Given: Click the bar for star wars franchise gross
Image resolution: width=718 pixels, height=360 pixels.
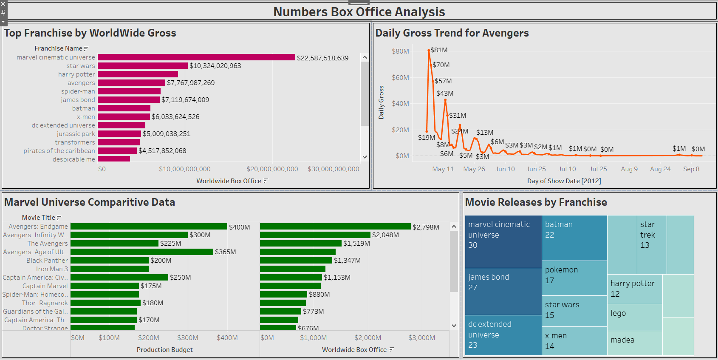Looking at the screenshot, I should tap(142, 66).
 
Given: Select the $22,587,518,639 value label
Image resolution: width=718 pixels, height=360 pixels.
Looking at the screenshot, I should tap(322, 58).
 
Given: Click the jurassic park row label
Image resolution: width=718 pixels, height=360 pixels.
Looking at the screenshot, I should tap(76, 134).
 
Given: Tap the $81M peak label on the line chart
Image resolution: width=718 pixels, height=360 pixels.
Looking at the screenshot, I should tap(439, 50).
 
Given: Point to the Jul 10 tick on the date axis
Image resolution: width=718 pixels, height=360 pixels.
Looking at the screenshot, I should tap(567, 169).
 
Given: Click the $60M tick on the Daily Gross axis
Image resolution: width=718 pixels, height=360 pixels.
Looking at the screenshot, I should tap(400, 77).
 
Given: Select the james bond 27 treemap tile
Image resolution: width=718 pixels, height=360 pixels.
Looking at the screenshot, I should tap(503, 291).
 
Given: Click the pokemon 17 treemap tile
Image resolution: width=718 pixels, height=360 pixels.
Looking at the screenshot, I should tap(574, 278).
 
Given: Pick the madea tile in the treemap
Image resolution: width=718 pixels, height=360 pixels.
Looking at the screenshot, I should tap(634, 343).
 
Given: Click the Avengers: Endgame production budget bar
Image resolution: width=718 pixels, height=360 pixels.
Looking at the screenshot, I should tap(149, 227).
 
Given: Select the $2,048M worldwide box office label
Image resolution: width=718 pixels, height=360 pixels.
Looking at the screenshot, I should tap(385, 235).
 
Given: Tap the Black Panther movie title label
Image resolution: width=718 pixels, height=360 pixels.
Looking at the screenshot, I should tap(47, 261).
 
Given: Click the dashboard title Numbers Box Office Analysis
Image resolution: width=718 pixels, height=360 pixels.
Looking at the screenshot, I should tap(359, 12).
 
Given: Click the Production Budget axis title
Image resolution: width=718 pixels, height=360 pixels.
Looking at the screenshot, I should tap(164, 350).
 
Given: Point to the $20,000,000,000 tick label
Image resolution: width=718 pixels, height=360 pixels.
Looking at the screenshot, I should tap(272, 169).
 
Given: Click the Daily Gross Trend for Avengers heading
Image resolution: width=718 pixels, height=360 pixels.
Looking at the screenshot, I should tap(452, 33).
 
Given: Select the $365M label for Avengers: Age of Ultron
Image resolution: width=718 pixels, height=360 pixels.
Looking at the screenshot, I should tap(225, 252).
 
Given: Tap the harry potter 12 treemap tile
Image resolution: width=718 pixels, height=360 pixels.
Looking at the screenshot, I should tap(635, 289).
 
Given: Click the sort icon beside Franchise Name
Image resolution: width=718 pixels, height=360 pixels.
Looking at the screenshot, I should tap(86, 49).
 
